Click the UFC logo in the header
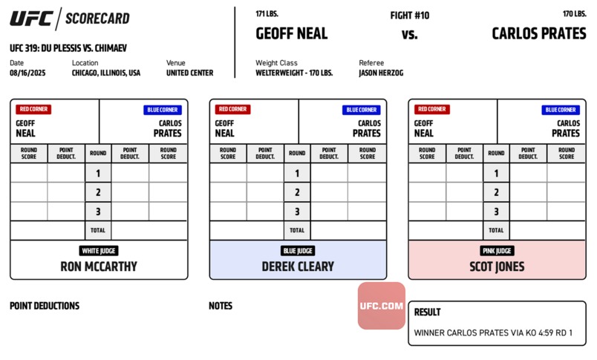coord(31,19)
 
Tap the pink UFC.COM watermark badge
coord(381,306)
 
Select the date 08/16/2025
coord(27,73)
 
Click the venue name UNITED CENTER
coord(189,73)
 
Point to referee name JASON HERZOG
coord(381,73)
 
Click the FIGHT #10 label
coord(410,16)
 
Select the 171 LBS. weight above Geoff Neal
coord(267,13)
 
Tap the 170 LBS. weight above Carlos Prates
coord(575,13)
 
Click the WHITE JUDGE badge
coord(99,251)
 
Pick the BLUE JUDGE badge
coord(298,251)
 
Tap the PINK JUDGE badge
coord(497,251)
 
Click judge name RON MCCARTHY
coord(99,266)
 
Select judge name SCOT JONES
coord(497,266)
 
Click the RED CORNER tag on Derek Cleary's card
coord(232,109)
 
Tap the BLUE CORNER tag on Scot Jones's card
coord(561,110)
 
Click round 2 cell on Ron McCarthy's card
coord(98,192)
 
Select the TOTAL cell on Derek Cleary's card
coord(297,230)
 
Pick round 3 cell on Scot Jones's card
coord(496,212)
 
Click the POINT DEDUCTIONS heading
coord(45,306)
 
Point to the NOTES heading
coord(221,306)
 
